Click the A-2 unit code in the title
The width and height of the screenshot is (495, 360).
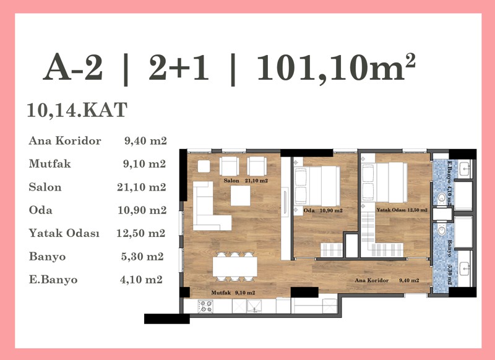73,67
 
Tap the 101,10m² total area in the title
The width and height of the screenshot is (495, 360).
336,67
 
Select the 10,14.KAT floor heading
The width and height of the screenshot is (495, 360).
77,110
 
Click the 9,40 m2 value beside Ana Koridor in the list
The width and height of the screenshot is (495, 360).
145,140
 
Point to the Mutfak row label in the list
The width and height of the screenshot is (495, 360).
50,164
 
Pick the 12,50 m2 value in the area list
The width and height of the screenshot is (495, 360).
141,233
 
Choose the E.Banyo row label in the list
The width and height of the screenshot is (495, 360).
53,280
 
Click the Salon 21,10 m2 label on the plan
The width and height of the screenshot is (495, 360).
246,181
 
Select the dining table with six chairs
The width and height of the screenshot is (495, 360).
235,267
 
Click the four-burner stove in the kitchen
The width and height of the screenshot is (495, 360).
205,306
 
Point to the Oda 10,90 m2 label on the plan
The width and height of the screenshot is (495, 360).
323,210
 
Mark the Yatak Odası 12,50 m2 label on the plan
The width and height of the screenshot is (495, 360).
402,210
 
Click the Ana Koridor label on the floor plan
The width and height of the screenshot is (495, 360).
372,280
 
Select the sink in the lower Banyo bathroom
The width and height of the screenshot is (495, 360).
465,269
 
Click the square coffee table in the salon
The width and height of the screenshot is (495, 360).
240,195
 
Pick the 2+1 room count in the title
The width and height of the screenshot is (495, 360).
179,67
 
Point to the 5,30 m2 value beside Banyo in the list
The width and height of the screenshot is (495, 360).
142,257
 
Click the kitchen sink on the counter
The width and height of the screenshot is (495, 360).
254,306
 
